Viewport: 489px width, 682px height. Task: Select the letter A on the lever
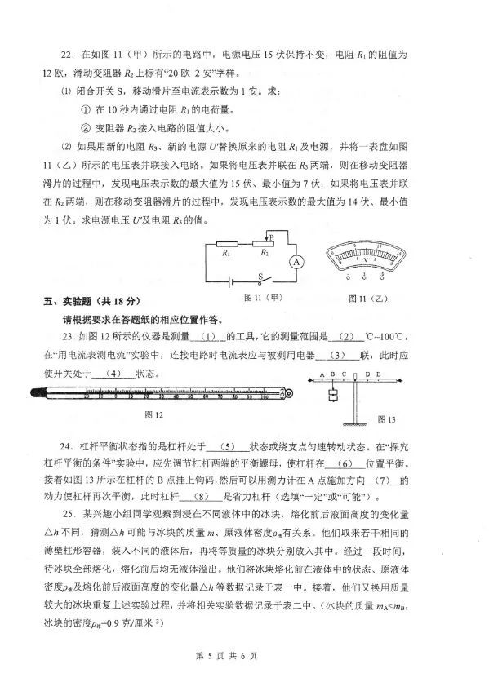point(323,374)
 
